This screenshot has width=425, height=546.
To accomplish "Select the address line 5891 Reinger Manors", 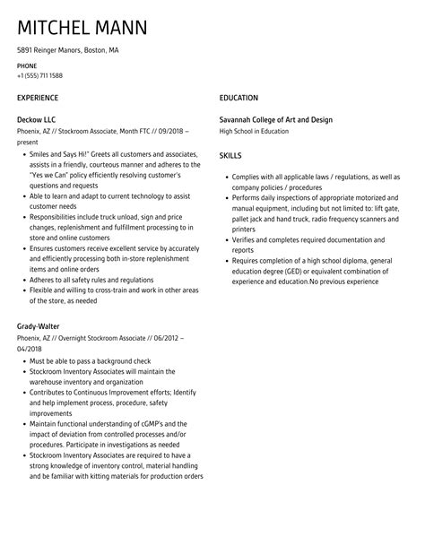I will click(x=67, y=51).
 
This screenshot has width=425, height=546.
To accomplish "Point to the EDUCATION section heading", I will click(x=239, y=97).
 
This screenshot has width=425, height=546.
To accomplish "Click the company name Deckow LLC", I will click(x=38, y=118).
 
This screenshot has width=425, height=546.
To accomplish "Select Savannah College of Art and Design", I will click(x=282, y=118).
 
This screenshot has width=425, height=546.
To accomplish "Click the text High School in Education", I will click(x=254, y=131).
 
